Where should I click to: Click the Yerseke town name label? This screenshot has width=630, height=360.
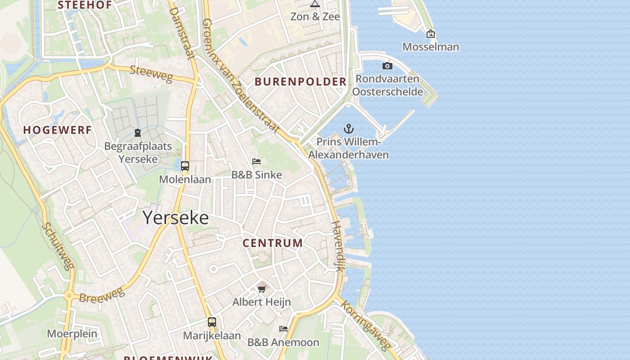175,218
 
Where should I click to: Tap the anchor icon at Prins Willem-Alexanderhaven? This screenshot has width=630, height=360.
349,129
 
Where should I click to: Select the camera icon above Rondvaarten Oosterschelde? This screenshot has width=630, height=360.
387,66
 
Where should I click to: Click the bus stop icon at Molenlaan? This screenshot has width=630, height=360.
184,166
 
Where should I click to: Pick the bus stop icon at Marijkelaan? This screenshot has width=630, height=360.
211,322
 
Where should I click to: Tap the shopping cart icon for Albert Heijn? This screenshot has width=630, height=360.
261,288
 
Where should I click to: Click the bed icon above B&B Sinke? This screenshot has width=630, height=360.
256,161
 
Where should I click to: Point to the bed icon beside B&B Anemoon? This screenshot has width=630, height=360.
283,329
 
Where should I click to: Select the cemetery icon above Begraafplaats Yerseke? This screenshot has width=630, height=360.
138,133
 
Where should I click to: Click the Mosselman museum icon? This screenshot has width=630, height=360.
431,34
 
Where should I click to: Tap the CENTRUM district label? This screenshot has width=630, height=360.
273,243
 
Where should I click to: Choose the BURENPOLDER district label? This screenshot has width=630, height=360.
301,82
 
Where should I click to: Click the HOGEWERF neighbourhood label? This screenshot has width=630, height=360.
58,130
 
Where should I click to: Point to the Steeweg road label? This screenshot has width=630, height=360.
151,74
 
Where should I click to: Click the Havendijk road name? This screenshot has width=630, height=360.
338,246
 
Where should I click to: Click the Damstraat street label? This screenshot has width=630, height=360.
182,32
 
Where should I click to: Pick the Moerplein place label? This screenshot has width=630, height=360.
72,334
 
